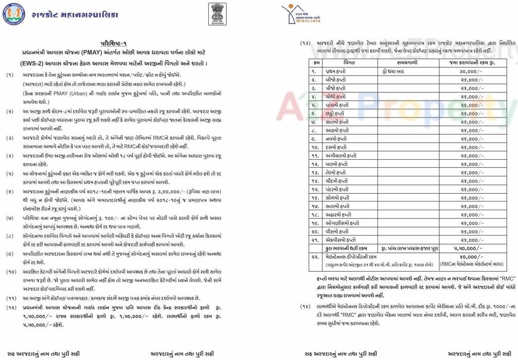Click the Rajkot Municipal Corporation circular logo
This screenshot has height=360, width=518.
point(13,15)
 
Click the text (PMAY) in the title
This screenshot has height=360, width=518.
point(93,53)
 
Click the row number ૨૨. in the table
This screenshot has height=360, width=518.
point(316,256)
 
